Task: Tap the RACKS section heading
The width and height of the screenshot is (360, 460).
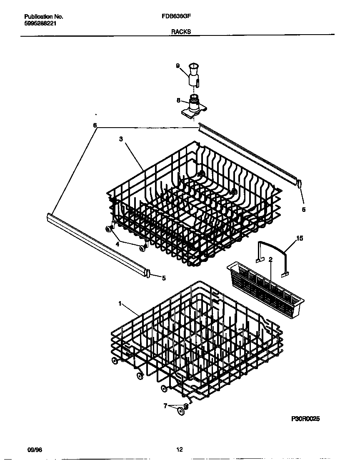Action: click(181, 32)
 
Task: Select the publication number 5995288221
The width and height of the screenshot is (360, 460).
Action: click(40, 24)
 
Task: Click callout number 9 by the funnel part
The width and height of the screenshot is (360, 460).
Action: click(177, 66)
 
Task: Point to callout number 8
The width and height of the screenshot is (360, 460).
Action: click(178, 100)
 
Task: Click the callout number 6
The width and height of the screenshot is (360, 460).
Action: click(95, 125)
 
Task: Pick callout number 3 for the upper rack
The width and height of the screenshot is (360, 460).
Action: click(121, 140)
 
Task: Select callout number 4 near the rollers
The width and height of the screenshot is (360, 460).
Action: click(117, 244)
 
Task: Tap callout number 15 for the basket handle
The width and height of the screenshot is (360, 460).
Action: click(299, 239)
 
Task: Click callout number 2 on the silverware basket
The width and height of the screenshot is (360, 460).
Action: click(270, 259)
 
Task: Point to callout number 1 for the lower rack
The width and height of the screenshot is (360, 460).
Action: click(120, 304)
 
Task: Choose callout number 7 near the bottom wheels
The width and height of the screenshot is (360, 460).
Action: click(165, 405)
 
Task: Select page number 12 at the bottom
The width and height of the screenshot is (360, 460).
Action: click(180, 450)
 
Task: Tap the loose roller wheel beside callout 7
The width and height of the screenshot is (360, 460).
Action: click(181, 412)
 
